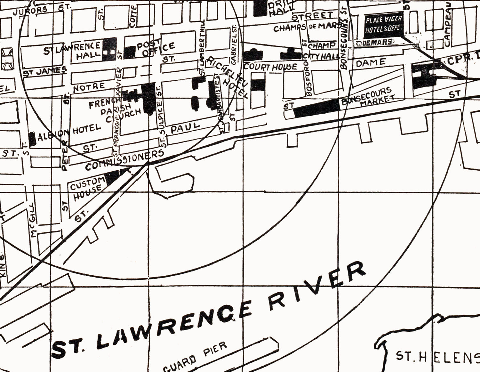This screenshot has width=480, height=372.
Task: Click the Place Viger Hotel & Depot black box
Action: click(x=383, y=25)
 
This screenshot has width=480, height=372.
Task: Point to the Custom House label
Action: click(x=87, y=188)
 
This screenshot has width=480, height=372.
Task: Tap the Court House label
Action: click(x=270, y=67)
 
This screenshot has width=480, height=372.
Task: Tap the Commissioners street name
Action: click(x=125, y=160)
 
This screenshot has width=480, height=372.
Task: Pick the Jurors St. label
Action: click(x=38, y=10)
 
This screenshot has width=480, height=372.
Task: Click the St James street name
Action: click(x=45, y=71)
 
